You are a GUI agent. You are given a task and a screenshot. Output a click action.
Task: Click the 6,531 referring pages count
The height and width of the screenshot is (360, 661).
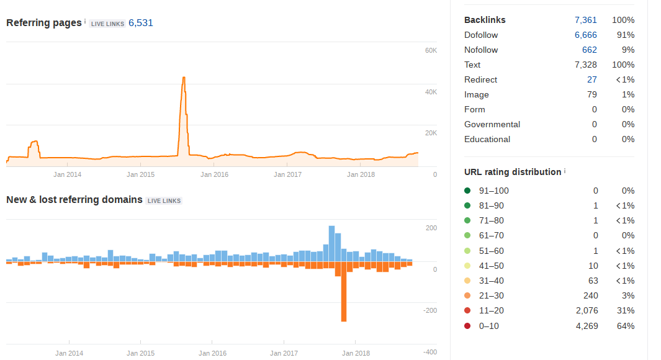[141, 23]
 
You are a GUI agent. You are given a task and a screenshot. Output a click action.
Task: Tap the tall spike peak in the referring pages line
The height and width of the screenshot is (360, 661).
[184, 78]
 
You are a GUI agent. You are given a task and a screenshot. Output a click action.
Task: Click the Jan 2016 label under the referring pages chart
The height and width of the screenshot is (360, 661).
[214, 174]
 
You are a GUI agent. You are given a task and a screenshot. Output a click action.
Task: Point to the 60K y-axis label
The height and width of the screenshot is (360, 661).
[431, 50]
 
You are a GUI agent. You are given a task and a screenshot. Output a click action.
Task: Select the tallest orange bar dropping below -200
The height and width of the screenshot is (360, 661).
[344, 292]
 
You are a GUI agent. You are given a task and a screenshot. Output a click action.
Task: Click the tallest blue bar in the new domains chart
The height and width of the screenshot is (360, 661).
[332, 244]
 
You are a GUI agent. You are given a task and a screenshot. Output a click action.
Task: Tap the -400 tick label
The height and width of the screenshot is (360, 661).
[430, 352]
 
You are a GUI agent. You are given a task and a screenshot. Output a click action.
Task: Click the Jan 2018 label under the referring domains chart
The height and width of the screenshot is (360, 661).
[356, 353]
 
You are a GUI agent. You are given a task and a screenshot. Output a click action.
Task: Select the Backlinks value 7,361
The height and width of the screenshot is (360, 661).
[585, 20]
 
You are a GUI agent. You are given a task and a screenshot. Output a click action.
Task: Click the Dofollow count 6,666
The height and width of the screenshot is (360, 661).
[585, 35]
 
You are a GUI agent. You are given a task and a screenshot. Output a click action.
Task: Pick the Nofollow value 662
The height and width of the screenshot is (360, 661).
[590, 50]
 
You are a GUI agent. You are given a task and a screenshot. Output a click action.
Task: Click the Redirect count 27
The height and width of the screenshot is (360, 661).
[592, 79]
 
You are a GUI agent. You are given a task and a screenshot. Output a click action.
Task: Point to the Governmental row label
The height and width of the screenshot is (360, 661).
[492, 124]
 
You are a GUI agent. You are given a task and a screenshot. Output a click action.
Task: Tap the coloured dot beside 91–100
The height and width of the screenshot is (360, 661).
[467, 191]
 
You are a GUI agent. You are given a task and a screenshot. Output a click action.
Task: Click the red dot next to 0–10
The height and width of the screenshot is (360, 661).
[467, 326]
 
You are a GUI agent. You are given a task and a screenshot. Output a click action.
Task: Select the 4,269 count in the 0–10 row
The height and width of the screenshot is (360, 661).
[587, 326]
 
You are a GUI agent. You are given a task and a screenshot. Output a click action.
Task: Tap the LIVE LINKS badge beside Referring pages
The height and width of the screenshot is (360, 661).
[107, 24]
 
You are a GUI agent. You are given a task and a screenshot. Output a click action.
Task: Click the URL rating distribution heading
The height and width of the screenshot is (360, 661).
[513, 172]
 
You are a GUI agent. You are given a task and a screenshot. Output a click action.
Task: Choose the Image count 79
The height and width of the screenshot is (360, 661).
[592, 94]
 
